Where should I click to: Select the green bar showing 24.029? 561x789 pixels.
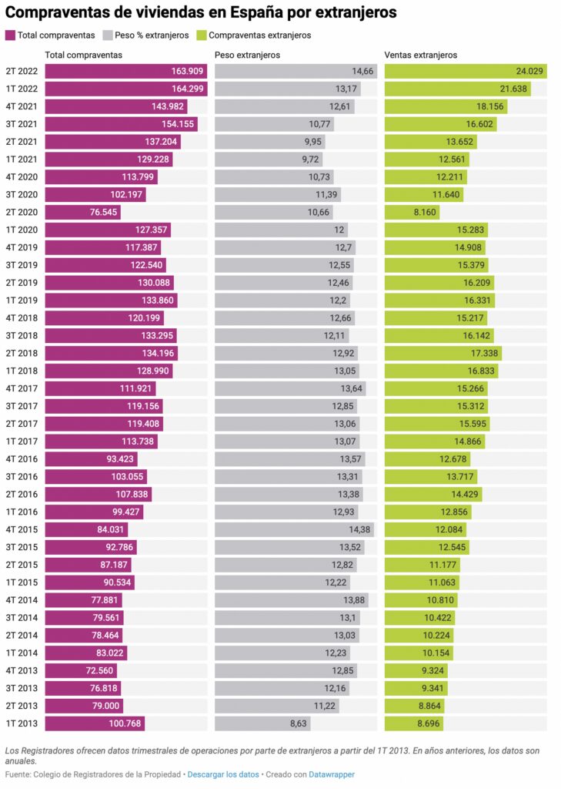tap(466, 71)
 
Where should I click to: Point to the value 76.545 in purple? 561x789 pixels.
tap(102, 212)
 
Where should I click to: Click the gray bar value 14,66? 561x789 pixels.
tap(362, 71)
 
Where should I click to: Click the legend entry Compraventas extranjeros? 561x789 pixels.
tap(259, 35)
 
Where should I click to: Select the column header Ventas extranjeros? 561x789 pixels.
tap(421, 55)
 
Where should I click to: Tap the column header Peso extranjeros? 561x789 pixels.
tap(247, 55)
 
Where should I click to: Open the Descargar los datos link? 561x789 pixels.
tap(222, 774)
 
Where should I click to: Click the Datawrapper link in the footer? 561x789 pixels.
tap(332, 774)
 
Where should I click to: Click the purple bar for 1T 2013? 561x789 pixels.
tap(94, 724)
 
